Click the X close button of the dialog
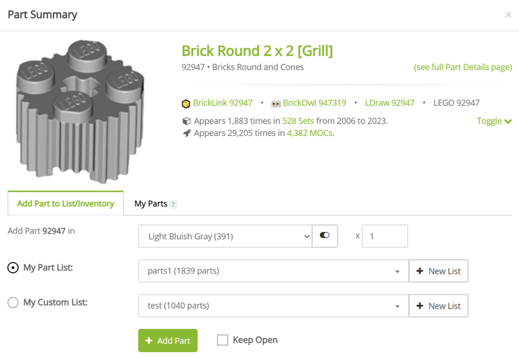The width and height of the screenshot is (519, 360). click(x=508, y=15)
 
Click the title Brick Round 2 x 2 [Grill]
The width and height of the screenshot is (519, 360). click(x=257, y=51)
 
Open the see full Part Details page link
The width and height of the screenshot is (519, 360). click(x=462, y=67)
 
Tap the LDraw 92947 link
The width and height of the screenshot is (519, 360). click(x=389, y=103)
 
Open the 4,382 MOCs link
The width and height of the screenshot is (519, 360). click(x=310, y=133)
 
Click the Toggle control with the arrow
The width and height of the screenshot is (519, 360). click(x=494, y=121)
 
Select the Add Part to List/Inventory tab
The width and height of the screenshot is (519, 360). click(x=66, y=203)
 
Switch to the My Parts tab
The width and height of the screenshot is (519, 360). click(x=151, y=203)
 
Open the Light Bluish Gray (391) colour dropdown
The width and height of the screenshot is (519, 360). click(x=225, y=237)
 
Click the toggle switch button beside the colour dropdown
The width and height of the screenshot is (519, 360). click(x=325, y=236)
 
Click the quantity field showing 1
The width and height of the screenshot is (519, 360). click(x=384, y=237)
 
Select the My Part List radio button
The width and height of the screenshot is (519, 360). click(x=13, y=268)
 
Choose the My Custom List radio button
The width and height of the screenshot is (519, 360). click(x=13, y=302)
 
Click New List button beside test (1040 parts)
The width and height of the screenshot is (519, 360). click(x=438, y=306)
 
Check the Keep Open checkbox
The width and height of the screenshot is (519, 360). click(x=222, y=340)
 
